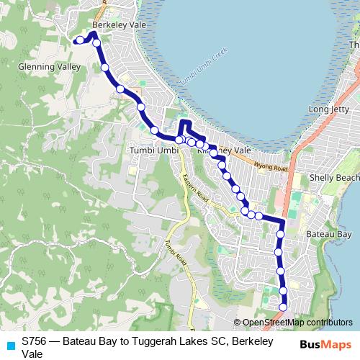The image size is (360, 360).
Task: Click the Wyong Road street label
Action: click(x=270, y=167)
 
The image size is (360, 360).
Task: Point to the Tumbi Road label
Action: click(x=175, y=252)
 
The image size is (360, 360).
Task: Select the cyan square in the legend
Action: click(x=11, y=346)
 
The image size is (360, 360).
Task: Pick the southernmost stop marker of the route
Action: click(x=283, y=307)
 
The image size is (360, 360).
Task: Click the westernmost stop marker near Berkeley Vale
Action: click(x=79, y=41)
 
